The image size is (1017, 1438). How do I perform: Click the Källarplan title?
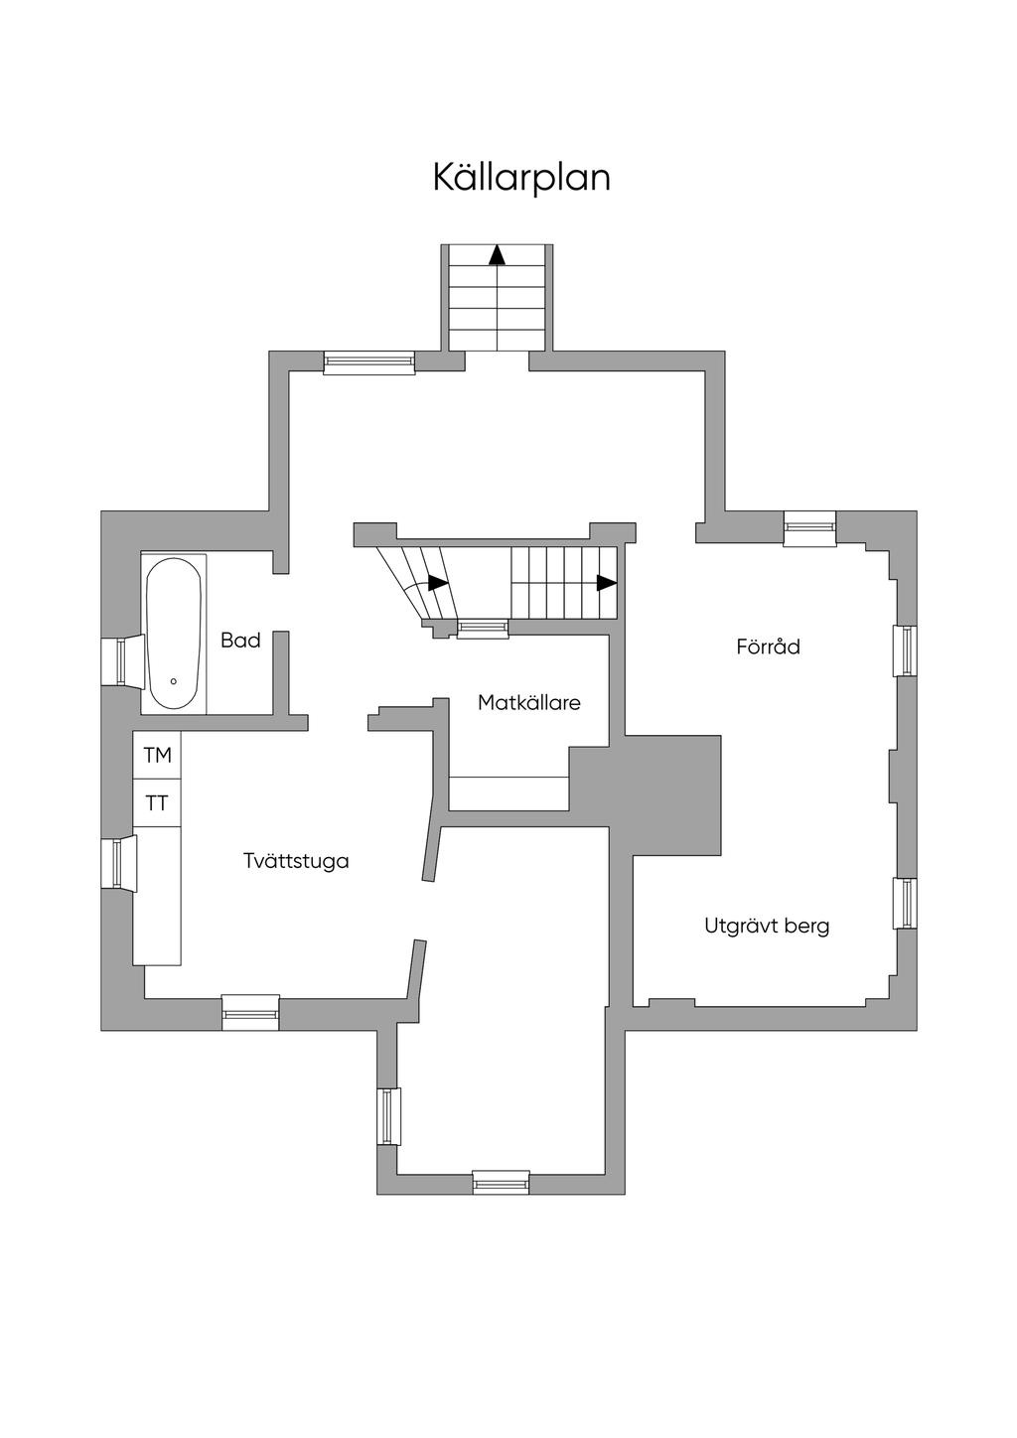coord(521,178)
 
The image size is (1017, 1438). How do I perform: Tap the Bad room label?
coord(240,640)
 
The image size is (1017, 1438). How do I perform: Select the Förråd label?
coord(768,646)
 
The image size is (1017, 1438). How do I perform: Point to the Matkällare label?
coord(529,702)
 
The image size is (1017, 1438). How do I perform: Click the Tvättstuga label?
coord(296,861)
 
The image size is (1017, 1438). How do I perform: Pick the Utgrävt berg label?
coord(767,927)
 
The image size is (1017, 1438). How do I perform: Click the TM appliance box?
coord(157,755)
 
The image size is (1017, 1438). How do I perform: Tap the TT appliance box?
coord(157,803)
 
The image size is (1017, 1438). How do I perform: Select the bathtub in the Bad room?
coord(174,633)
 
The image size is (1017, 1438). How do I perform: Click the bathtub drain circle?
coord(174,680)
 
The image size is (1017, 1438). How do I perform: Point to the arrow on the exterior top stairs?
coord(497,254)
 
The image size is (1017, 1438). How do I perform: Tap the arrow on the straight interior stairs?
coord(607,583)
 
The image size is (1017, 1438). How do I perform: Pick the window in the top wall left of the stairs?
coord(368,362)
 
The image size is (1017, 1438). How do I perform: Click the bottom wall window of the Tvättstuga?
coord(250,1012)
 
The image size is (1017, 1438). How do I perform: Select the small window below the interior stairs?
coord(483,629)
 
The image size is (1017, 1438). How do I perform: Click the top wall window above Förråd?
coord(809,528)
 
